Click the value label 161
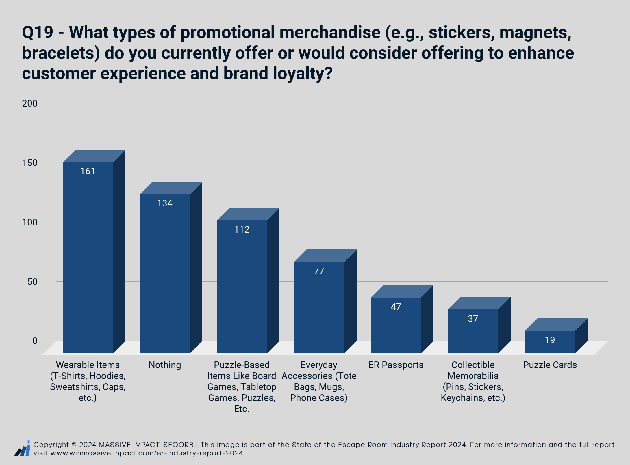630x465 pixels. [88, 171]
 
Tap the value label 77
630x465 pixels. [319, 271]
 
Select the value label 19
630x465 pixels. [550, 340]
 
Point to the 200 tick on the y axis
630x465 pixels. [30, 103]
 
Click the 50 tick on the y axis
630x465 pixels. [32, 282]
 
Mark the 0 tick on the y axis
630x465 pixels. [35, 341]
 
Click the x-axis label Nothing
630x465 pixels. [165, 365]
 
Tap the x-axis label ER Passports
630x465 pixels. [396, 365]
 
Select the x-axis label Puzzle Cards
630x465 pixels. [550, 365]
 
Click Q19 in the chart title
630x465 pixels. [38, 32]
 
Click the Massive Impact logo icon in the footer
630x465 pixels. [22, 448]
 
